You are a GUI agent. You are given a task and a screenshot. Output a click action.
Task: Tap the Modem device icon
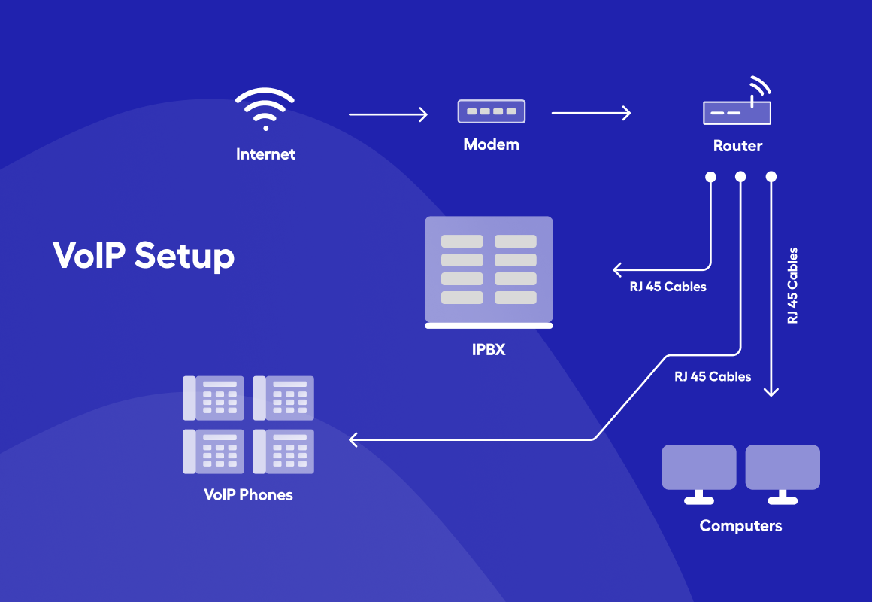492,111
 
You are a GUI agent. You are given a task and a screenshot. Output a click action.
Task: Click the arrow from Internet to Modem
388,114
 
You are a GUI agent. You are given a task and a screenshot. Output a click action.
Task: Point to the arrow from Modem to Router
591,114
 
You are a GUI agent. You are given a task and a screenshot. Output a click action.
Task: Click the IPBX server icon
489,272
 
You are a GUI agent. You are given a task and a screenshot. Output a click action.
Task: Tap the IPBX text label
489,350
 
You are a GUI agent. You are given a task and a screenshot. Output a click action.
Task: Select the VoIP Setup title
144,256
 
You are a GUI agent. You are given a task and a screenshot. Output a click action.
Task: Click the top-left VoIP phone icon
213,398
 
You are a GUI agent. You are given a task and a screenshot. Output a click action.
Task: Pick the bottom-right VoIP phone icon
283,451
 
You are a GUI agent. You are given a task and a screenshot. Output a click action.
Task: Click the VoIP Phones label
248,495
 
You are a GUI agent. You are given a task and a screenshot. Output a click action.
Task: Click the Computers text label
740,526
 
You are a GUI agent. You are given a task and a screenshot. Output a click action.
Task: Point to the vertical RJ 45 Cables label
792,285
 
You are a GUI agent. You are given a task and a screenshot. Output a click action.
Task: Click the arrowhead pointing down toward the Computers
771,391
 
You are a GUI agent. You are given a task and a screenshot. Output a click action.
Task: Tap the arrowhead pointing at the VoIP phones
353,440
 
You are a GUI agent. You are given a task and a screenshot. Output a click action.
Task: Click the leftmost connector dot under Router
710,177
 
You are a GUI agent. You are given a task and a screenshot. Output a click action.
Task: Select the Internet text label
265,154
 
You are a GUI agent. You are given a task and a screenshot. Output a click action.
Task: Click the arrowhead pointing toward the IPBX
617,269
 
